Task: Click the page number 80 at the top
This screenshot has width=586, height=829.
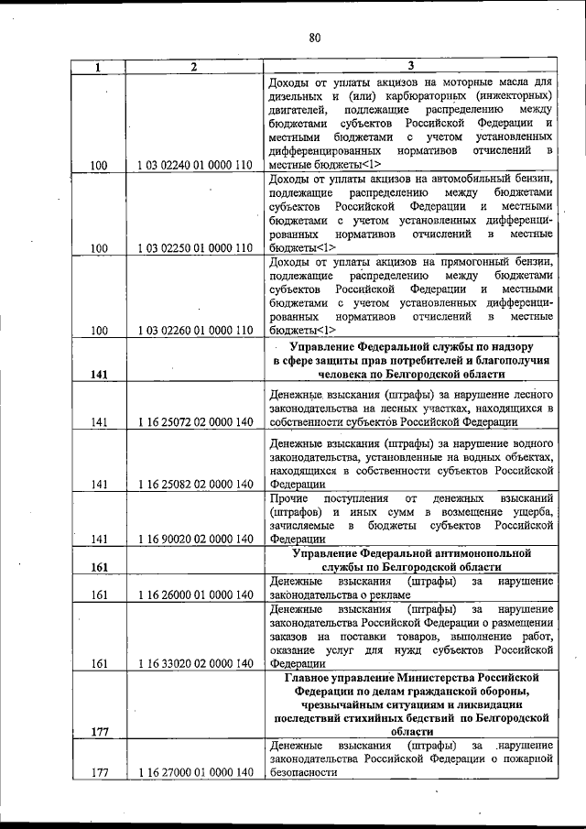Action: (314, 38)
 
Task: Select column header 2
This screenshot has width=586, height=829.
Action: (194, 66)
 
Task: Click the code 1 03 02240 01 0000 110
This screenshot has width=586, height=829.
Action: (194, 166)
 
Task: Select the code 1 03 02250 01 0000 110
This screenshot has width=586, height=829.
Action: (194, 248)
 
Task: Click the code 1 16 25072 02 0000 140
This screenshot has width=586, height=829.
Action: (194, 421)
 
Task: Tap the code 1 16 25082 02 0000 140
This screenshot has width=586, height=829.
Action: (194, 485)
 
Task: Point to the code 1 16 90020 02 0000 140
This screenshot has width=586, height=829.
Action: (194, 540)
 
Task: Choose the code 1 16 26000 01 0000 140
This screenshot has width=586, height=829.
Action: (194, 594)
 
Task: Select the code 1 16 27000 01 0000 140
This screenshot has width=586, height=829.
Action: (194, 772)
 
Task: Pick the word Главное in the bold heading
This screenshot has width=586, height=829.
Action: (309, 677)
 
